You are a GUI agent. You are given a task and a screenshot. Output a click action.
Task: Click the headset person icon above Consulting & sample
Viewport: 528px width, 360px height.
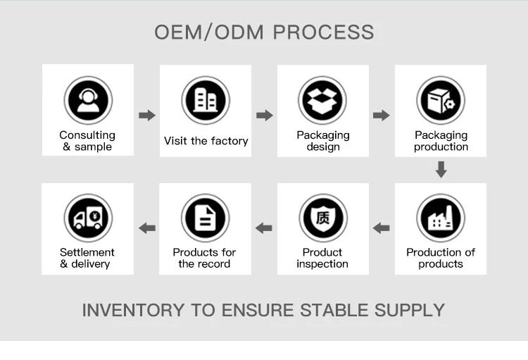(x=88, y=100)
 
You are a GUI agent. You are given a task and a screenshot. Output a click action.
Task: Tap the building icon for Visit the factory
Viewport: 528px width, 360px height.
(x=206, y=100)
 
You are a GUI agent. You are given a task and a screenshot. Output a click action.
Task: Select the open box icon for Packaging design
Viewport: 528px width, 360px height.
(x=322, y=100)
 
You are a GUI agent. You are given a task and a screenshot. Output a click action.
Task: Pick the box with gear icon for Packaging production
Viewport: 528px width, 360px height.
(x=441, y=100)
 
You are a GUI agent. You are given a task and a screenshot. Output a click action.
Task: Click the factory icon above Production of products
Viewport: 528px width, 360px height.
(x=441, y=218)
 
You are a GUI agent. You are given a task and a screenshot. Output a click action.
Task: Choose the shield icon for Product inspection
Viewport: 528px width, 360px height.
(x=322, y=218)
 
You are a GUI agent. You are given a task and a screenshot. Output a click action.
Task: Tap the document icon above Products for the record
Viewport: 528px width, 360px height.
(x=205, y=218)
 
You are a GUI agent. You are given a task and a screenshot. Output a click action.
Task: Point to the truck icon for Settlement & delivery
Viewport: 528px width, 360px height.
(x=88, y=218)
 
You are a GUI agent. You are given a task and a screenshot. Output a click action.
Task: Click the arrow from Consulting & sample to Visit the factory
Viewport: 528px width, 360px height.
(x=147, y=116)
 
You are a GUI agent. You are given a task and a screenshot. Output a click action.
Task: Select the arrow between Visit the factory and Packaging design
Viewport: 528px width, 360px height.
(x=265, y=116)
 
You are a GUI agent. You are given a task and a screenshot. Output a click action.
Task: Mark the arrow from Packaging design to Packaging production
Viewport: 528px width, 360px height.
(x=382, y=116)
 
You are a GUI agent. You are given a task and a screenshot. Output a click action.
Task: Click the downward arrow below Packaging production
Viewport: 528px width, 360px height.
(x=441, y=169)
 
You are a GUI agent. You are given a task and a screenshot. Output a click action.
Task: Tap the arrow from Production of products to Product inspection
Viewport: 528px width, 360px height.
(x=382, y=228)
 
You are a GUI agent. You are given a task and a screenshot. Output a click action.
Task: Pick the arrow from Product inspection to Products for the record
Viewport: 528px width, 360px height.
(x=264, y=228)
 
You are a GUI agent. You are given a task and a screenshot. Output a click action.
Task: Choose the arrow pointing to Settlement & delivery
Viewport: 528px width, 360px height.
(x=147, y=228)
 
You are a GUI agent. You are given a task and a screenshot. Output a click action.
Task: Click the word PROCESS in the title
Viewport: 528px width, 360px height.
(x=323, y=32)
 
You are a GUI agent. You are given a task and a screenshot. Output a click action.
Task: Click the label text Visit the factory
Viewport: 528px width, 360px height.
(x=206, y=141)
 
